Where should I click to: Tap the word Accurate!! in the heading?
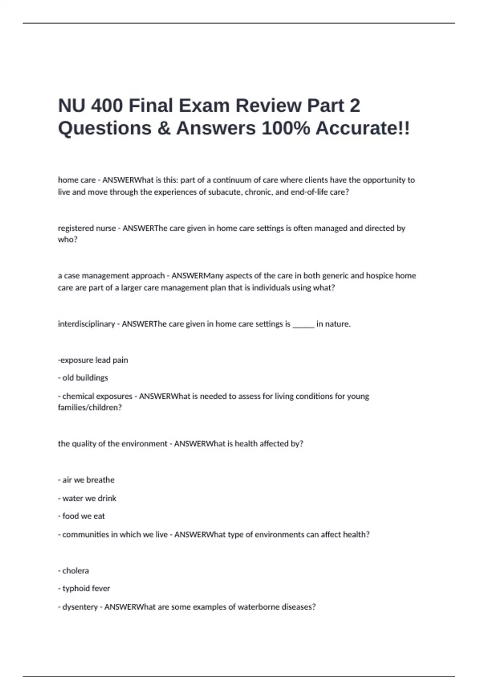click(362, 129)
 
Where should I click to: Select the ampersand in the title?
click(164, 129)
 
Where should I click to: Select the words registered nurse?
click(87, 228)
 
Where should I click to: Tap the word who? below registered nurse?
click(68, 239)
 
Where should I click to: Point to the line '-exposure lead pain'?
click(93, 360)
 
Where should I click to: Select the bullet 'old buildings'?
click(85, 378)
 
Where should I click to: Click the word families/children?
click(90, 407)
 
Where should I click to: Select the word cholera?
click(76, 571)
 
